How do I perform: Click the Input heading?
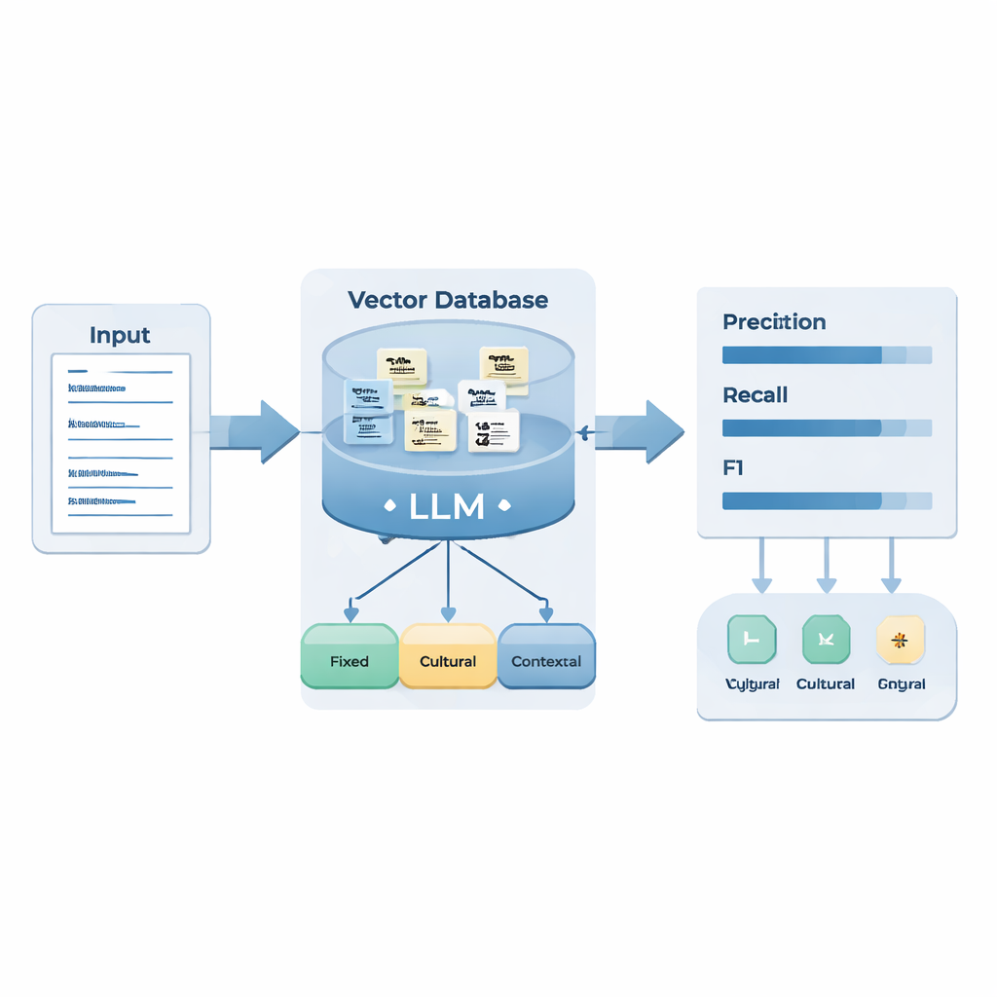[x=120, y=335]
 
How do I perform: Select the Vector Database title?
[x=447, y=300]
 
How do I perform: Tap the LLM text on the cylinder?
[x=447, y=506]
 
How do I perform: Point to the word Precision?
[x=774, y=322]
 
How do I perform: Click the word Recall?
[x=755, y=395]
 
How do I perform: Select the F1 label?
[x=733, y=468]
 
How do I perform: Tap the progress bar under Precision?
[x=827, y=355]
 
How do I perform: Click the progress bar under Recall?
[x=827, y=427]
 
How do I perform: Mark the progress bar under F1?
[x=827, y=500]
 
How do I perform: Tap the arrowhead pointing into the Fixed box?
[x=351, y=614]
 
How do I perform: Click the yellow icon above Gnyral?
[x=901, y=640]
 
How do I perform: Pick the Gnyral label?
[x=901, y=684]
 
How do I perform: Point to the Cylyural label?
[x=753, y=684]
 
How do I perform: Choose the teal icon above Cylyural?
[x=752, y=640]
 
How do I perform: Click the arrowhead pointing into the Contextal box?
[x=546, y=614]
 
